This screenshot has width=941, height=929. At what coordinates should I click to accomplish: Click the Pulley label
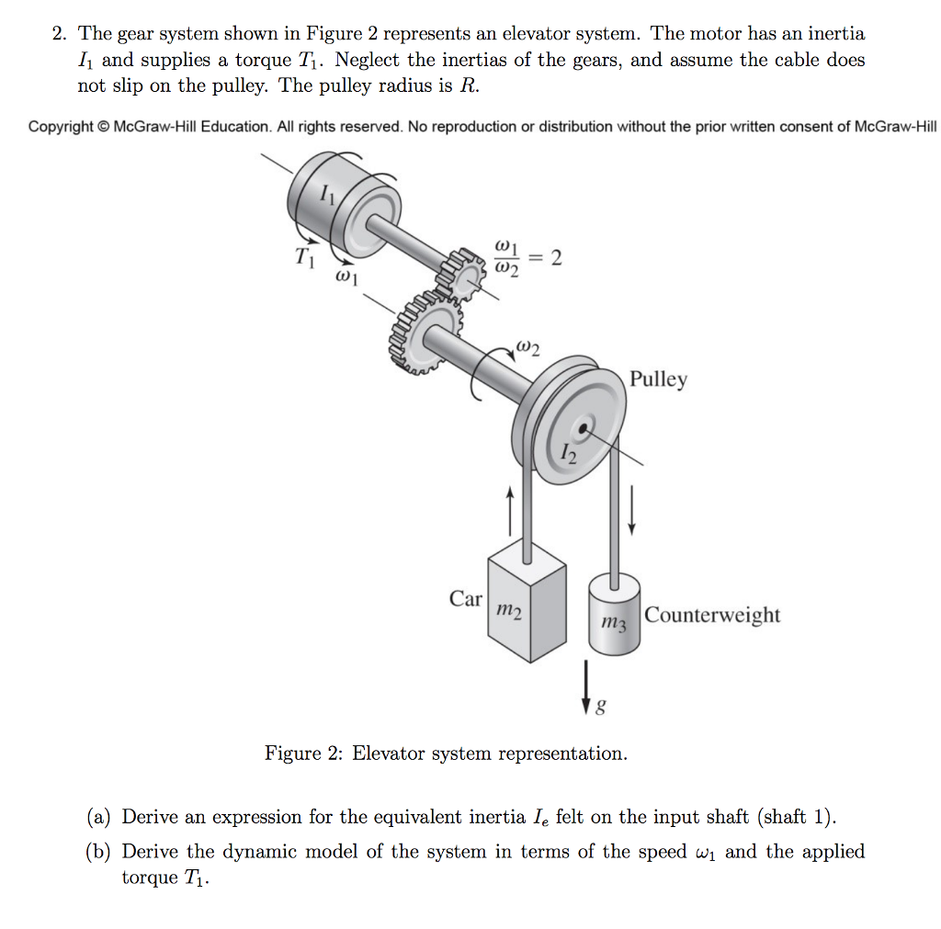[x=658, y=380]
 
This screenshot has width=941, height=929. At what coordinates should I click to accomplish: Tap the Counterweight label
[x=712, y=615]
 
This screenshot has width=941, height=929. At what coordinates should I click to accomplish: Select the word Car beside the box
[x=466, y=599]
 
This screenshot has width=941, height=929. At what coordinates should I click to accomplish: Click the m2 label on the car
[x=508, y=610]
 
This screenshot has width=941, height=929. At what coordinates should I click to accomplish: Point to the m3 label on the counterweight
[x=613, y=623]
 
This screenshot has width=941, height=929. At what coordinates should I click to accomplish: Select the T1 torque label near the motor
[x=305, y=258]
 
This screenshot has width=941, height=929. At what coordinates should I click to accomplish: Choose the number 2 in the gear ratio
[x=556, y=258]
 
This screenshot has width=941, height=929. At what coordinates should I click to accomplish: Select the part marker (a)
[x=101, y=817]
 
